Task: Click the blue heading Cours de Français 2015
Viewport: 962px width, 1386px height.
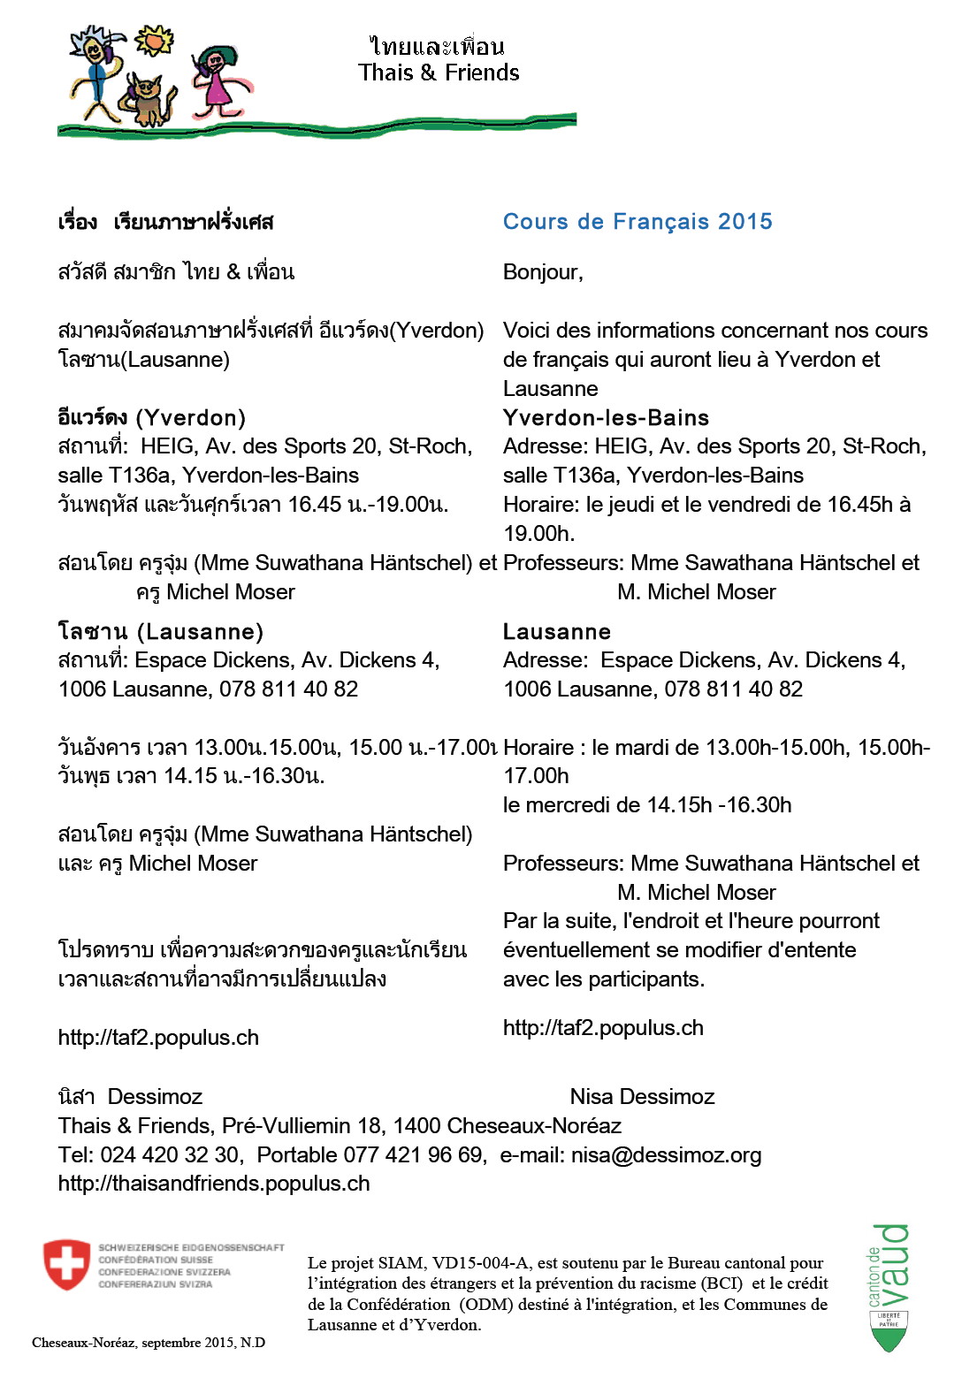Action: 638,222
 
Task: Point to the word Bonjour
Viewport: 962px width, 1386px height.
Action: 541,272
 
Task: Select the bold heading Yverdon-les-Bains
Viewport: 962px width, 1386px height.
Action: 606,418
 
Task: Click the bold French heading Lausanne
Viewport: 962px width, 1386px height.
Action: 556,632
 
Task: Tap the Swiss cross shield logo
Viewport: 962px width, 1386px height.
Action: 66,1264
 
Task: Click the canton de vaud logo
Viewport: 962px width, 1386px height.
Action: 889,1286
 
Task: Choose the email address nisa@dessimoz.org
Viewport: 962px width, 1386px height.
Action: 666,1155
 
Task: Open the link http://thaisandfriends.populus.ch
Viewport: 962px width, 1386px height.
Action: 214,1184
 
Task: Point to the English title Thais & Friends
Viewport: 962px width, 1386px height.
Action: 439,72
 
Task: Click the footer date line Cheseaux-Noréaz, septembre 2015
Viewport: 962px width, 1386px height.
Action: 149,1343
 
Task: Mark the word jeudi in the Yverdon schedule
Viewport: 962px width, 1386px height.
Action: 636,505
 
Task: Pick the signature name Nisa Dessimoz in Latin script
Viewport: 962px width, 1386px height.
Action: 642,1097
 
